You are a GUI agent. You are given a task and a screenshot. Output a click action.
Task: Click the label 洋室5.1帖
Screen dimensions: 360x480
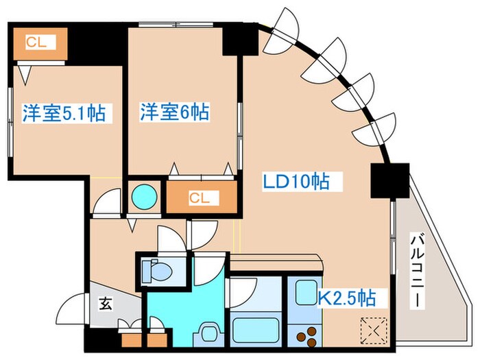[67, 113]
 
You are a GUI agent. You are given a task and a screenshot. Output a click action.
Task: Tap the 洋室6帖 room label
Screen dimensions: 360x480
[174, 111]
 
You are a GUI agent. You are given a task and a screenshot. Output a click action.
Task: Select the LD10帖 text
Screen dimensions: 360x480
[296, 182]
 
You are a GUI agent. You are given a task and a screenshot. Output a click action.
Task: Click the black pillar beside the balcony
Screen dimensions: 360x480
[389, 181]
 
